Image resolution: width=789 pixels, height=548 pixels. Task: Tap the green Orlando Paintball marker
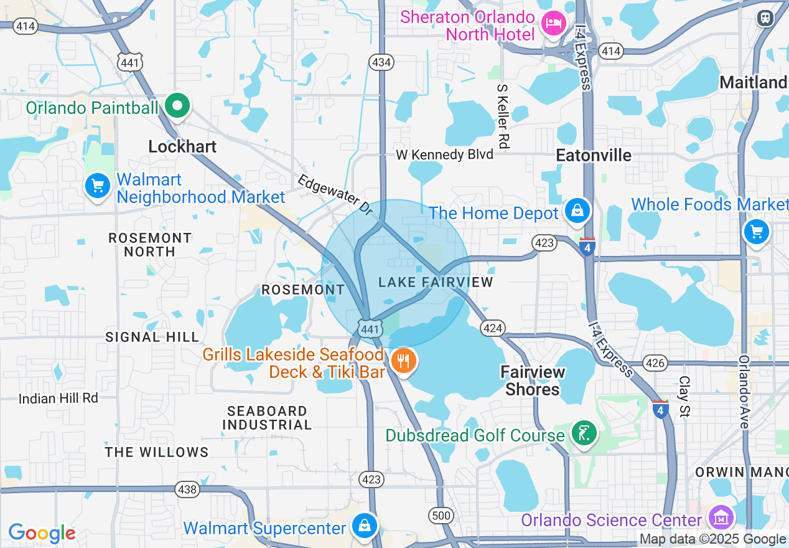coord(178,106)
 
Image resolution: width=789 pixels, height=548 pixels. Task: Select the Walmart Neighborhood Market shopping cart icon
coord(97,185)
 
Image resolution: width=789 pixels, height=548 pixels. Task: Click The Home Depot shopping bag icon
coord(577,211)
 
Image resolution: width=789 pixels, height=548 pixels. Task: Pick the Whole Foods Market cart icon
coord(757,232)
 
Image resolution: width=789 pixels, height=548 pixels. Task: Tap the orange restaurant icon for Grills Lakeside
coord(404,360)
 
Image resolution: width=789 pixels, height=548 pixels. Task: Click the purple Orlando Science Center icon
coord(721,517)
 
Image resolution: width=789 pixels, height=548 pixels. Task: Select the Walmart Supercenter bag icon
coord(364,525)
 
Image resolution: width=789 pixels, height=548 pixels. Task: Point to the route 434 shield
coord(381,62)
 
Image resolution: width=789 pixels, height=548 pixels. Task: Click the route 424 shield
coord(492,328)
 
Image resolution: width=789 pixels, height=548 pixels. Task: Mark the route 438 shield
coord(187,489)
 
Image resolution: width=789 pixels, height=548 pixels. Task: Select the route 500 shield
coord(440,515)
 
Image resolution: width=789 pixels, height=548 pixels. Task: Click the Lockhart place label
coord(182,146)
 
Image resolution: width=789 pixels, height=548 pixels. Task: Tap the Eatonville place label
coord(594,155)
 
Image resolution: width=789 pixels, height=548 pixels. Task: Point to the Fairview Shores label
coord(533,380)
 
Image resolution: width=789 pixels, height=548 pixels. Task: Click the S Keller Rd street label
coord(503,116)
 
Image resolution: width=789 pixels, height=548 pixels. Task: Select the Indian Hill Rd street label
coord(58,398)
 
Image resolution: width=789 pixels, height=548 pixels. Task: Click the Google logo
coord(42,533)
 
